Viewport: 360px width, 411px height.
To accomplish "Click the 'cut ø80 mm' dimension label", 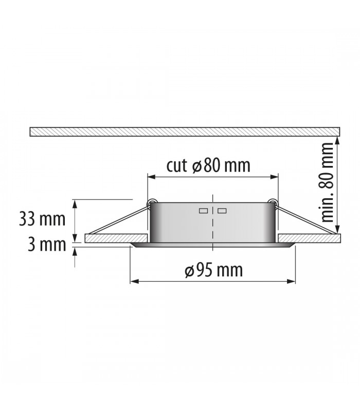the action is (208, 165).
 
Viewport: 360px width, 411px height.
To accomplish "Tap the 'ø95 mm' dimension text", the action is (213, 270).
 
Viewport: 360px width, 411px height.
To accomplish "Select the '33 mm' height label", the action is (42, 219).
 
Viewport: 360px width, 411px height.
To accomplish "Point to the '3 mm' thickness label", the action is (47, 245).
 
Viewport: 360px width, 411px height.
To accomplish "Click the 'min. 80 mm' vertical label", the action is (327, 182).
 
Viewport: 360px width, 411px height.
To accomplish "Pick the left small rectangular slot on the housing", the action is (203, 211).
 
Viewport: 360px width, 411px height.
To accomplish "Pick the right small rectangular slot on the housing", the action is (222, 211).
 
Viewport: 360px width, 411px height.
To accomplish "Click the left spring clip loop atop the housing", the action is (151, 202).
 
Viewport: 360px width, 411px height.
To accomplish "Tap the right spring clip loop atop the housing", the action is (273, 202).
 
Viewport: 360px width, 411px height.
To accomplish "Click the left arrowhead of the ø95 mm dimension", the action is (134, 281).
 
